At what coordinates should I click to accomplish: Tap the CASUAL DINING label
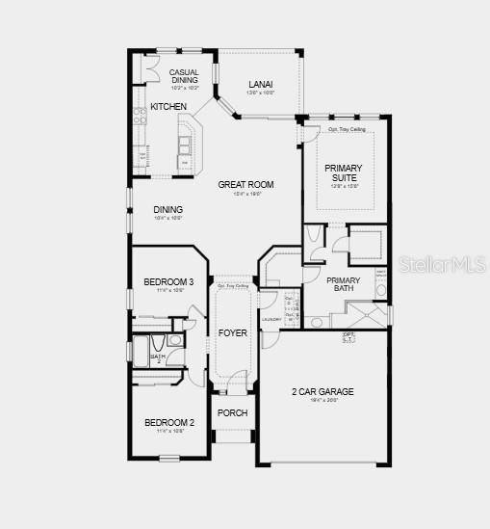point(184,76)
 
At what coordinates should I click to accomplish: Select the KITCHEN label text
point(168,106)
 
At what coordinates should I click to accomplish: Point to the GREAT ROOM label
point(245,184)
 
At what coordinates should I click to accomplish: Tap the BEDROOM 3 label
point(169,281)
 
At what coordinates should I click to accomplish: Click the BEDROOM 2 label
point(169,422)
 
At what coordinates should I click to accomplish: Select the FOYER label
point(233,332)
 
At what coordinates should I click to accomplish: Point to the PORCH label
point(232,412)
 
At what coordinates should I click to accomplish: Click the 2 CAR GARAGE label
point(322,391)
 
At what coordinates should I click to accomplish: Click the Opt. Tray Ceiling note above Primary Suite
point(346,128)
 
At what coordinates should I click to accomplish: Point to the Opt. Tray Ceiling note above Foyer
point(233,286)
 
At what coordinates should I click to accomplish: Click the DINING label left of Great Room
point(168,209)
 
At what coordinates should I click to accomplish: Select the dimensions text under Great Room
point(245,195)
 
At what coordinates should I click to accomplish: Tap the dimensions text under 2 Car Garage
point(322,401)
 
